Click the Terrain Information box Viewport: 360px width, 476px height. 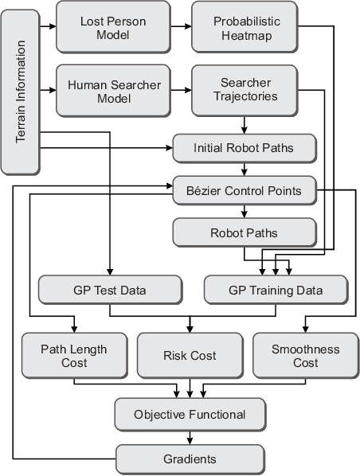[22, 88]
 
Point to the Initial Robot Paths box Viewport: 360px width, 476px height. [245, 148]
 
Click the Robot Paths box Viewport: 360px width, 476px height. [245, 233]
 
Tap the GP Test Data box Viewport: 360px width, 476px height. [104, 290]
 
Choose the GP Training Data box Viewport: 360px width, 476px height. [275, 290]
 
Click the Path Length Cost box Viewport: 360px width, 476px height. [73, 356]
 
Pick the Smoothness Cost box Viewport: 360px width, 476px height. [305, 356]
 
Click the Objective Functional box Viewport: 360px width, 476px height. [189, 414]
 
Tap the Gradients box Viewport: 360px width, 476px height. [189, 459]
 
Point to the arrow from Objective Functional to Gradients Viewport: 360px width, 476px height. [189, 437]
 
